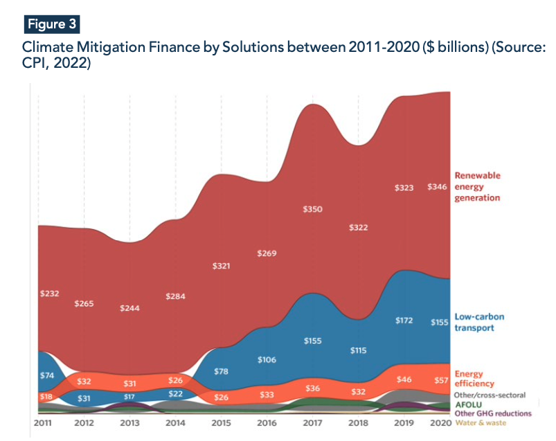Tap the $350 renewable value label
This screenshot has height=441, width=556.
(x=313, y=209)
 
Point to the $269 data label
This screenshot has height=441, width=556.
(x=267, y=253)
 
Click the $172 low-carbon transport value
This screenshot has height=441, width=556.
(x=404, y=321)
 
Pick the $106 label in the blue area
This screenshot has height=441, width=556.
(x=267, y=359)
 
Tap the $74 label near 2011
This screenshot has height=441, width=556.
(x=47, y=375)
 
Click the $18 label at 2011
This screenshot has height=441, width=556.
(x=45, y=397)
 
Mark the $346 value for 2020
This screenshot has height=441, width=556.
(x=438, y=187)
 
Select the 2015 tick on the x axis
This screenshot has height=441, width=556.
(x=220, y=422)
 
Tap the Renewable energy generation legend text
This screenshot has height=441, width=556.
(x=477, y=187)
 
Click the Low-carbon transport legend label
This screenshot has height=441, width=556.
(x=479, y=322)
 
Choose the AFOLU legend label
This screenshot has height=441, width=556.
(x=468, y=404)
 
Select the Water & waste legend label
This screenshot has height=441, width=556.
(x=481, y=422)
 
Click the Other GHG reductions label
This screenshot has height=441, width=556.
(x=492, y=413)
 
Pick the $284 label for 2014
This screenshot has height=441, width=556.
(x=177, y=296)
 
